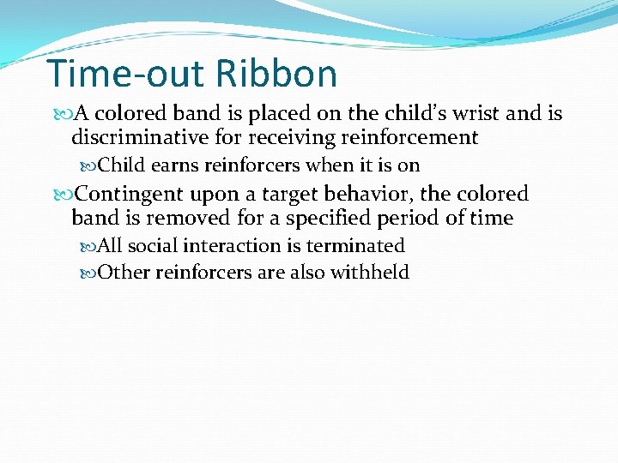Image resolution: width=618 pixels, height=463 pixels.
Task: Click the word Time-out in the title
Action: click(125, 74)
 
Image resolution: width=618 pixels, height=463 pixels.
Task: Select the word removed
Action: click(181, 218)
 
